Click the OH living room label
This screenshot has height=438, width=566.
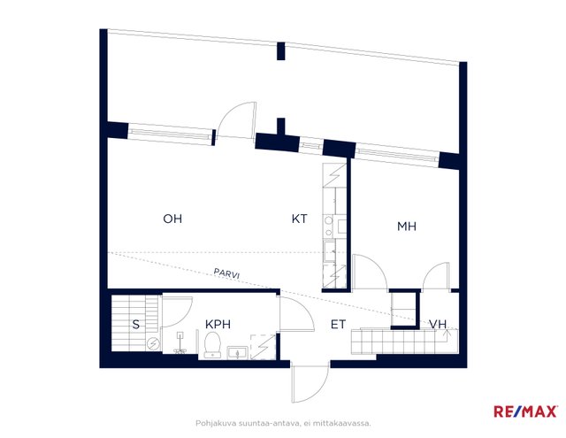(172, 219)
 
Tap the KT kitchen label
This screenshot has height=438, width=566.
(299, 219)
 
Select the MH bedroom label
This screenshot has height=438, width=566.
(407, 227)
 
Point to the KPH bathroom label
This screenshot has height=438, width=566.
(218, 324)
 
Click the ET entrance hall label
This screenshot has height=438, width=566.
(338, 324)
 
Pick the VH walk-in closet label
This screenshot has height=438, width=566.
(438, 324)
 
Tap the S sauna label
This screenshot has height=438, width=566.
(135, 324)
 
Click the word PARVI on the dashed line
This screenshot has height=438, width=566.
(226, 273)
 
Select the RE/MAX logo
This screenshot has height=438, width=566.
(525, 411)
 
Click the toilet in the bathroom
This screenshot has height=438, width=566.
(212, 345)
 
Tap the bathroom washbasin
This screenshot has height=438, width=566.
(237, 352)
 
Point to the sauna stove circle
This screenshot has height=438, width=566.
(153, 343)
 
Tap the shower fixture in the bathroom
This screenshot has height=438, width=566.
(180, 343)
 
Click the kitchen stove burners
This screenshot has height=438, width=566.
(328, 226)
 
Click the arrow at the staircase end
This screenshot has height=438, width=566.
(448, 334)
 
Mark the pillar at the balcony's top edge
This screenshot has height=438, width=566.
(281, 51)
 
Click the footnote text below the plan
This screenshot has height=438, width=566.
(283, 423)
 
